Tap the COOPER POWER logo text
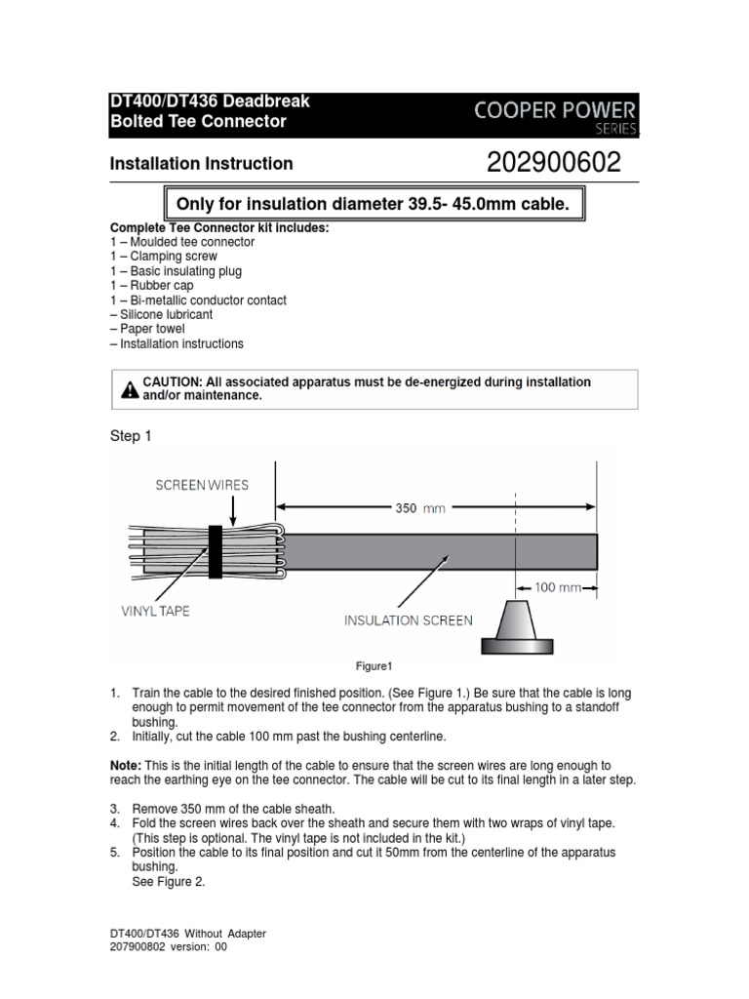pos(556,109)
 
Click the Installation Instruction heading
pos(201,164)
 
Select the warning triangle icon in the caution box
pos(130,390)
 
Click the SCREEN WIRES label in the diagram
pos(202,484)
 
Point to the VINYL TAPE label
pos(155,611)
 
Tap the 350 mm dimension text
pos(419,507)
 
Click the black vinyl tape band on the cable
pos(216,551)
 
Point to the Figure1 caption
pos(374,667)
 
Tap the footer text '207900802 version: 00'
pos(168,946)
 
